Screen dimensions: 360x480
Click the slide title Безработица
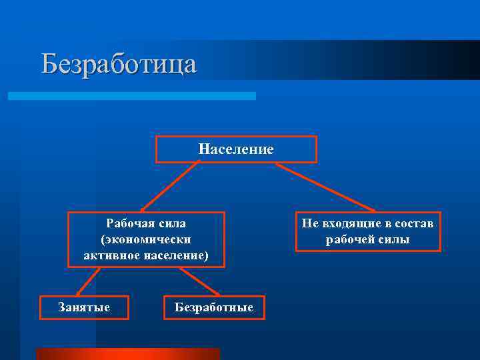coord(119,64)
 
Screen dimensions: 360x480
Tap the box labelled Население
coord(236,149)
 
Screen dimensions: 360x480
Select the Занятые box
coord(85,307)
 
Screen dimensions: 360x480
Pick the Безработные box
coord(214,307)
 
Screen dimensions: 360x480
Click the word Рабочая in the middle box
coord(127,223)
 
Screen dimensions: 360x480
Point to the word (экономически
coord(146,239)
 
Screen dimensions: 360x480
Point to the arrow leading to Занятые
coord(89,281)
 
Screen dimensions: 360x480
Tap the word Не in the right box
coord(309,223)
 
